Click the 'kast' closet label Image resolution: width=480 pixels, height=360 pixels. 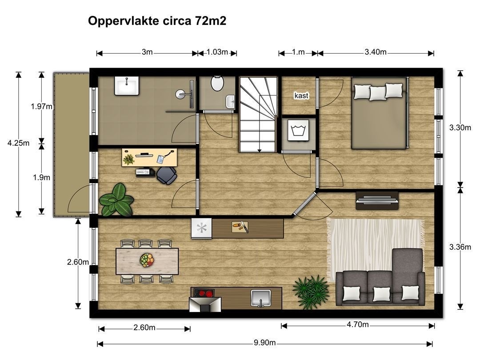tap(301, 96)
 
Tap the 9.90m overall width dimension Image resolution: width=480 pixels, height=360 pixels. tap(264, 343)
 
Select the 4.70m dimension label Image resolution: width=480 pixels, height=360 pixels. tap(357, 324)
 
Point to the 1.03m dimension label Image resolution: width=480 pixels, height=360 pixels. tap(217, 52)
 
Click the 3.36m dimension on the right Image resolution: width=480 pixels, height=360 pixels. tap(460, 247)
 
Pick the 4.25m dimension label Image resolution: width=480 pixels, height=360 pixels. tap(18, 143)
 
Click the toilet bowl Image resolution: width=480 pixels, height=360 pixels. tap(217, 83)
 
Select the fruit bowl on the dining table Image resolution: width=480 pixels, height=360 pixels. tap(147, 260)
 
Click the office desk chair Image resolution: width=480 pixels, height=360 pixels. tap(167, 176)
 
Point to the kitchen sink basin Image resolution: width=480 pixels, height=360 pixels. tap(260, 297)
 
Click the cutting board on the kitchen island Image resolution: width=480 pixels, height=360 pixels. tap(240, 227)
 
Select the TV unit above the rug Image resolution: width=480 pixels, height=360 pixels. tap(377, 200)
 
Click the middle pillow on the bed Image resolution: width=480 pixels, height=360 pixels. tap(378, 93)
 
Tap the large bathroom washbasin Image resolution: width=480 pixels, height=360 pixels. tap(127, 86)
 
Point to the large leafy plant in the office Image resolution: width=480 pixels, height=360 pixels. tap(116, 200)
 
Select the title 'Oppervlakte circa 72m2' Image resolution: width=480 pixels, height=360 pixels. tap(157, 21)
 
